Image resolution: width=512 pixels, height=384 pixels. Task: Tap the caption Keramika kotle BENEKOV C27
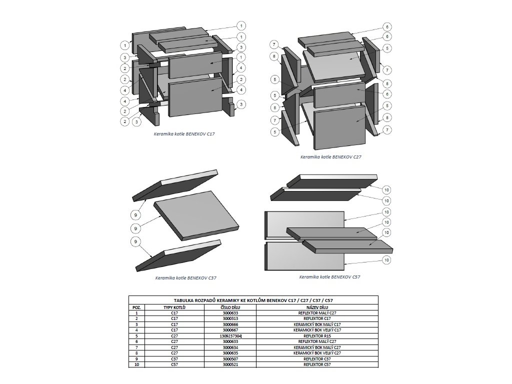click(x=330, y=156)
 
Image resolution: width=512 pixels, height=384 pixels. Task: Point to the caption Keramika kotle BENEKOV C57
click(x=329, y=276)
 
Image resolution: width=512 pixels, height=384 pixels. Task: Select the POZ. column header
click(x=136, y=307)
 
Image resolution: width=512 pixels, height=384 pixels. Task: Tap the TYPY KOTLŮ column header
click(x=174, y=307)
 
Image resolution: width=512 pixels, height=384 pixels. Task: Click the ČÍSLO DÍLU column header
click(x=230, y=307)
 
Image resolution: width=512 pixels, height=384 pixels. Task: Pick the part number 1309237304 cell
click(x=230, y=336)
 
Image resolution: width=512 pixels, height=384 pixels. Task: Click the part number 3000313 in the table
click(x=230, y=318)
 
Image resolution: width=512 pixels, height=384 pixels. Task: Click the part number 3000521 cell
click(x=230, y=365)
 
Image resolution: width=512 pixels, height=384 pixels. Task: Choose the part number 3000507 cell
click(x=230, y=359)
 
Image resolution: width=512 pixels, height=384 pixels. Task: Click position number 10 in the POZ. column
click(x=136, y=365)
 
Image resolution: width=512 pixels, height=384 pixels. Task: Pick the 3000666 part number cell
click(x=230, y=324)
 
